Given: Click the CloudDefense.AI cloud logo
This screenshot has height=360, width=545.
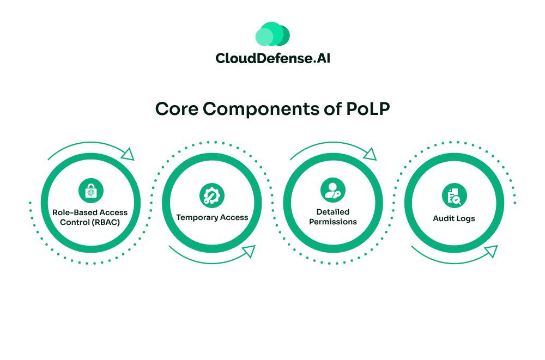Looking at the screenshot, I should point(272,34).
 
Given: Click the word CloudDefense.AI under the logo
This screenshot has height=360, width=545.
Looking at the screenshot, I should point(272,58).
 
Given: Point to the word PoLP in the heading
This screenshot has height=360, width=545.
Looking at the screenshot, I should point(368,108).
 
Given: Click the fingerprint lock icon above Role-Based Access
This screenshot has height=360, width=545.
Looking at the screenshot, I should point(90,191).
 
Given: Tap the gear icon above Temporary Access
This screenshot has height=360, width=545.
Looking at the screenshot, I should point(211,196).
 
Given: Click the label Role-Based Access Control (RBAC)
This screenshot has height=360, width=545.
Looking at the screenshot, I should point(90,217).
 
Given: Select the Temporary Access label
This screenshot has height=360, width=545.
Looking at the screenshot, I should point(212,217).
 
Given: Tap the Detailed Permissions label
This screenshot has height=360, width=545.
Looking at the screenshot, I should point(332,217).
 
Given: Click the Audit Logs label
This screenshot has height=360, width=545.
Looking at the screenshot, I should point(454,218).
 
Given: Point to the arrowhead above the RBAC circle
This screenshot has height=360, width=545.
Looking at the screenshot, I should point(128,154).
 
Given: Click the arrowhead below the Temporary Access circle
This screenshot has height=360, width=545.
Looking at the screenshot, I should point(249,251).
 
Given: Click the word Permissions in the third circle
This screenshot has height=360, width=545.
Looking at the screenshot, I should point(332,222).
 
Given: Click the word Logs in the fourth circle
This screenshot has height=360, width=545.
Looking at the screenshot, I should point(466,218).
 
